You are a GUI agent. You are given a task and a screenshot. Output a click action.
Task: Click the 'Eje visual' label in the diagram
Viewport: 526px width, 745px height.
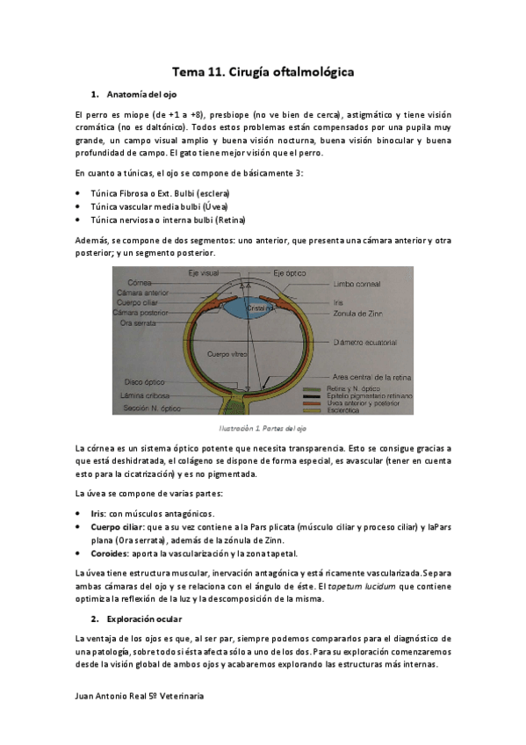coord(204,273)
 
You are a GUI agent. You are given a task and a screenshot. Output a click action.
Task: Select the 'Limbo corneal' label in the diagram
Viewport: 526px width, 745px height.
coord(357,284)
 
